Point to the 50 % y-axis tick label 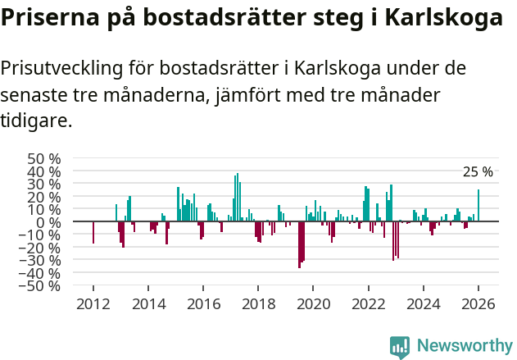44,158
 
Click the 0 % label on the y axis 50,222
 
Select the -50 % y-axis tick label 42,286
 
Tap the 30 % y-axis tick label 44,184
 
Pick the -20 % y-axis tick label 42,248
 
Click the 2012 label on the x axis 93,304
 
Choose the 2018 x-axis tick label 258,304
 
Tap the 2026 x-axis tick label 478,304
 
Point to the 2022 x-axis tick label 368,304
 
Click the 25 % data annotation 478,172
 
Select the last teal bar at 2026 478,206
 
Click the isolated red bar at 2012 93,232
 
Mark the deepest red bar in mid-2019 299,244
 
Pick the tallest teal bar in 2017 237,198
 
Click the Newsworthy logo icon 400,347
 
